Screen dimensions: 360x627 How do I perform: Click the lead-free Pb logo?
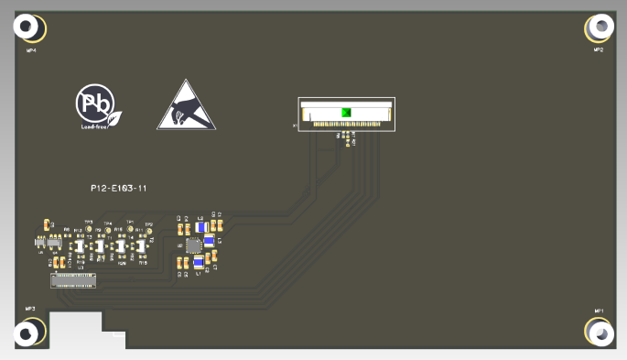click(95, 104)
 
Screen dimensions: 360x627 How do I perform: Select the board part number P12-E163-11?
click(119, 188)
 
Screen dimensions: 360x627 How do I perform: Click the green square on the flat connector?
click(346, 113)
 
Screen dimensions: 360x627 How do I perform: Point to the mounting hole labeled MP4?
click(28, 28)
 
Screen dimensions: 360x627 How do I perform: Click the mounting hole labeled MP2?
click(600, 27)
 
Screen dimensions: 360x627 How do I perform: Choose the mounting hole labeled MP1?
click(600, 333)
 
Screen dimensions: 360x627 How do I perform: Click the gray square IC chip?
click(193, 245)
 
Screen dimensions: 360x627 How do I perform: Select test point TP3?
click(89, 229)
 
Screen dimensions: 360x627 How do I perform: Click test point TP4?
click(109, 229)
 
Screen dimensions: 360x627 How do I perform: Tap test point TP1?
click(130, 228)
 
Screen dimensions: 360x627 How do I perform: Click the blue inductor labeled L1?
click(198, 264)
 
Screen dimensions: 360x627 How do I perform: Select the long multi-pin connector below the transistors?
click(74, 278)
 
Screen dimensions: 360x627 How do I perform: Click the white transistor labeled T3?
click(80, 246)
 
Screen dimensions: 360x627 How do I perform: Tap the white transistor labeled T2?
click(140, 245)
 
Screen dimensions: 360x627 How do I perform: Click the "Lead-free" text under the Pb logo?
click(95, 127)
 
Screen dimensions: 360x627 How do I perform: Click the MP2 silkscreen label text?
click(599, 49)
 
